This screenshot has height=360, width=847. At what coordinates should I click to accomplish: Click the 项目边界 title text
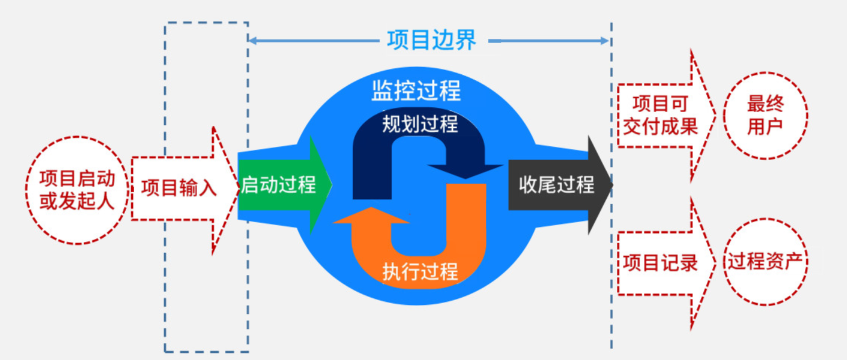(x=431, y=41)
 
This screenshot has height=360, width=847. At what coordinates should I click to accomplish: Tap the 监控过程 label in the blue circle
(x=416, y=92)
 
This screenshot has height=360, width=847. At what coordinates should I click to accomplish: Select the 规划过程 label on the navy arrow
(x=420, y=124)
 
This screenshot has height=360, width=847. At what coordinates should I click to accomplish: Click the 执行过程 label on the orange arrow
(x=420, y=271)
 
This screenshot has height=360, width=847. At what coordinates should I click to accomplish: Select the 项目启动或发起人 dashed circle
(x=77, y=189)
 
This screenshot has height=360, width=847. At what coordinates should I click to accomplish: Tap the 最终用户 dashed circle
(x=765, y=116)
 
